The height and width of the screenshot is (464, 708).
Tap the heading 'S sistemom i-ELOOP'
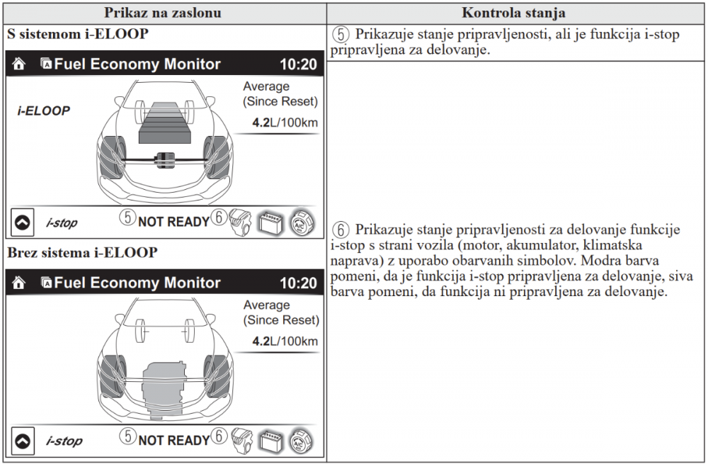[78, 34]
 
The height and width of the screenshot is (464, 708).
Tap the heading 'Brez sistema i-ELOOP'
[83, 252]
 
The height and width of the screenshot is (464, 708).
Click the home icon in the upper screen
[19, 64]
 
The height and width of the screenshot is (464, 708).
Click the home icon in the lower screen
[19, 283]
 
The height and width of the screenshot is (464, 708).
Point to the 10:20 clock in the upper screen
[298, 64]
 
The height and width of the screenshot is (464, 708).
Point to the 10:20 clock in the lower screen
[298, 283]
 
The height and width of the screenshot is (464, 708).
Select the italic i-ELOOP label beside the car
[44, 111]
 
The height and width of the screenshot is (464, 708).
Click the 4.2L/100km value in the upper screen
[285, 123]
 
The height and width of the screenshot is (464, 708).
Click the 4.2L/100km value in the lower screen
[285, 341]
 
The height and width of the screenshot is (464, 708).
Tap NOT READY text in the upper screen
[173, 222]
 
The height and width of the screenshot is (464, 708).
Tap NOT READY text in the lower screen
[173, 441]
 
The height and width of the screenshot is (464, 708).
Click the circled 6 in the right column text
[341, 230]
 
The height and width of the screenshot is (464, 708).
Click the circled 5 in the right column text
[341, 35]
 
